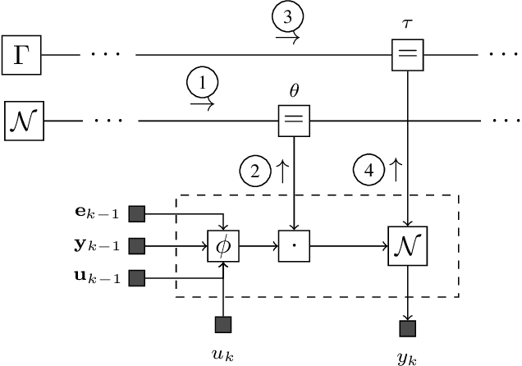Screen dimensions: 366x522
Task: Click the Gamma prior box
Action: click(x=22, y=55)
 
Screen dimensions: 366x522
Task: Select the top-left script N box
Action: click(x=24, y=121)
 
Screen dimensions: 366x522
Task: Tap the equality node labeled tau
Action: click(x=407, y=55)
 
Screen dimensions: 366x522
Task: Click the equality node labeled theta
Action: click(x=293, y=121)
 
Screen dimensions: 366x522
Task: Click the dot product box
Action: click(x=293, y=245)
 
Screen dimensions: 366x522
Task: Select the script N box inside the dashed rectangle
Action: click(x=407, y=245)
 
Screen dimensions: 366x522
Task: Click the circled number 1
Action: click(x=202, y=84)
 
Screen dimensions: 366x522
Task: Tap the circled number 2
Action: click(x=254, y=172)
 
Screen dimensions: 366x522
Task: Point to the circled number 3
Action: click(x=291, y=18)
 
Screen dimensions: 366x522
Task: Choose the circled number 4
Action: click(x=369, y=172)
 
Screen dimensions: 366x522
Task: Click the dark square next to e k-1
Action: click(x=137, y=214)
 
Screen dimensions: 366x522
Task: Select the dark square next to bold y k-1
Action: click(x=137, y=245)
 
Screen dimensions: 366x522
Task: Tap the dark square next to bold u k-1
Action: click(x=137, y=278)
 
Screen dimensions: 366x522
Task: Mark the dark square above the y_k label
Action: click(x=407, y=329)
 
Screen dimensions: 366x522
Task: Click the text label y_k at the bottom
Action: click(x=407, y=357)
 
